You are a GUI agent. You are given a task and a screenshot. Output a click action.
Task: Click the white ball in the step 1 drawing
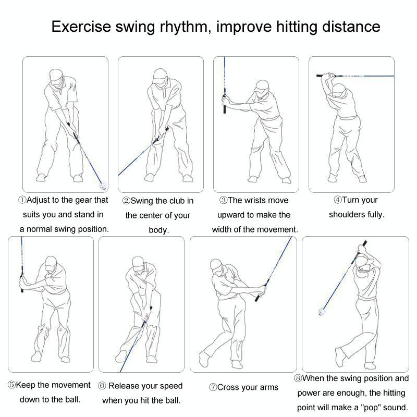coord(103,185)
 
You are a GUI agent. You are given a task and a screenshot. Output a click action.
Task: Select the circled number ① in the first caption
coord(22,200)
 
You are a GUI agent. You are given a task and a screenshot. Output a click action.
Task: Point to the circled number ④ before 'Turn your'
coord(337,200)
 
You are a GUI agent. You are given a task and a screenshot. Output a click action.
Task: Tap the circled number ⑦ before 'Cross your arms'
coord(213,387)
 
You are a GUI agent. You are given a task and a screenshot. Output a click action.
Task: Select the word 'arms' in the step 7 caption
coord(268,387)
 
